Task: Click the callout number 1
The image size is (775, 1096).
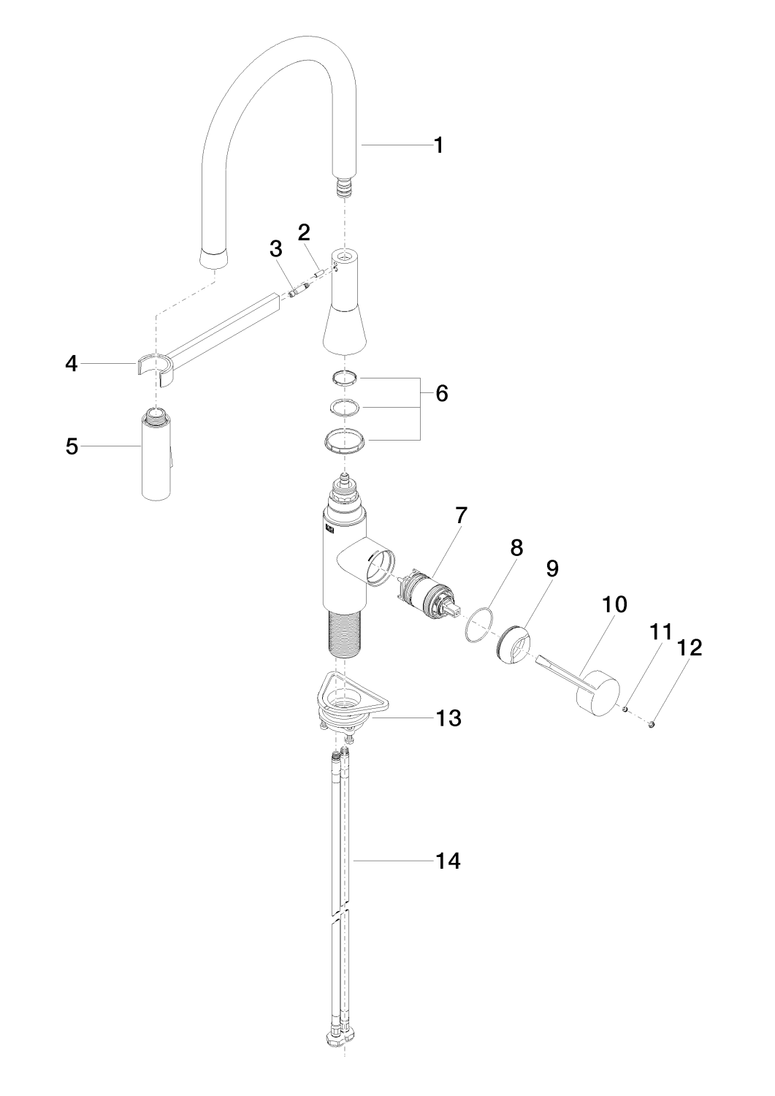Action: coord(439,145)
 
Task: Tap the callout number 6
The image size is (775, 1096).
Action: coord(441,393)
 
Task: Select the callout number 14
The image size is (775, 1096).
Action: coord(448,875)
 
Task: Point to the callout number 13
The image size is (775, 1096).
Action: coord(448,718)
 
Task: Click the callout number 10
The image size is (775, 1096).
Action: coord(614,605)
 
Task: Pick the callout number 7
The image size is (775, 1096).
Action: coord(461,514)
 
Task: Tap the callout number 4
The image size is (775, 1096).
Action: coord(72,364)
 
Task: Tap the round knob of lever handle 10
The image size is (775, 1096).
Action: coord(598,695)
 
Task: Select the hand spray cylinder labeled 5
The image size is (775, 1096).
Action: coord(156,454)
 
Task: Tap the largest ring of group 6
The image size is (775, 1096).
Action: coord(345,441)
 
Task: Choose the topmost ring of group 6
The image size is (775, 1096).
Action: coord(345,378)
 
